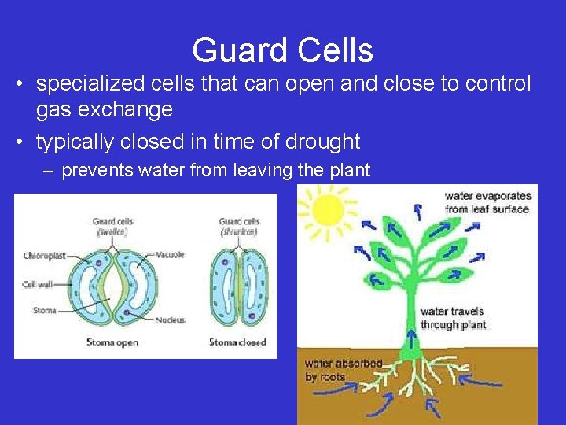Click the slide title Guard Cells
tap(282, 51)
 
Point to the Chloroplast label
tap(44, 256)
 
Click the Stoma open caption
tap(112, 342)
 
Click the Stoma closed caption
tap(237, 342)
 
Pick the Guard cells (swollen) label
tap(112, 226)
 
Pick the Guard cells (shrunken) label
tap(239, 226)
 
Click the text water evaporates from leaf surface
tap(487, 202)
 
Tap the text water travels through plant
tap(453, 318)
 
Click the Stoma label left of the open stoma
tap(44, 310)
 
